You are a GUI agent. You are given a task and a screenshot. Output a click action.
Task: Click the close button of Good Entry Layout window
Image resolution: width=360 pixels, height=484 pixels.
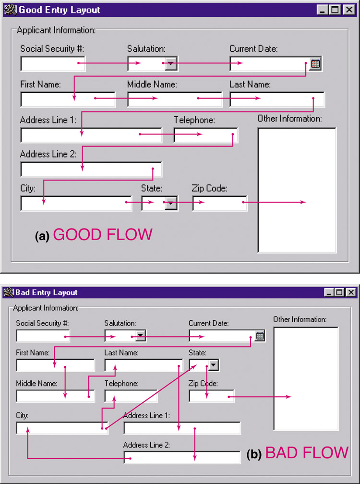349,10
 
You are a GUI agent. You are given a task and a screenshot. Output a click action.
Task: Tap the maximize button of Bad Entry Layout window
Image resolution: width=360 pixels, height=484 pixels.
339,292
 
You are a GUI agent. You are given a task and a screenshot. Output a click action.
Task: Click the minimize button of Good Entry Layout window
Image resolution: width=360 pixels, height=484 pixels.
322,10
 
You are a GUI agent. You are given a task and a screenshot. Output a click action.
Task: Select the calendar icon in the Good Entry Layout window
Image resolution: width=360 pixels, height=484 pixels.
315,64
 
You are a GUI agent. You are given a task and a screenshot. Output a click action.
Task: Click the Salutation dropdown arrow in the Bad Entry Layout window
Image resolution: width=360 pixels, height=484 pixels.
140,336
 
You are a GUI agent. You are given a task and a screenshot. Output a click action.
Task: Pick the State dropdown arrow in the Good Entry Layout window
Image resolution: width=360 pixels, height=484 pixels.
170,203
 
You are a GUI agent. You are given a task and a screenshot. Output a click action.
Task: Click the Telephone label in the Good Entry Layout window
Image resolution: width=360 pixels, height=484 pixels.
194,120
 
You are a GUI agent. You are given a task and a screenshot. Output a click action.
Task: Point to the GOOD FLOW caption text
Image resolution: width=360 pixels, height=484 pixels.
103,235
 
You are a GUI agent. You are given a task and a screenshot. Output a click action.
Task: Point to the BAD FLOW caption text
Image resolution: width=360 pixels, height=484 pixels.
307,452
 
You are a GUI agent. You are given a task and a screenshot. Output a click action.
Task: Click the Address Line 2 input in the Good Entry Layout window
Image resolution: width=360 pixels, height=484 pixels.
91,169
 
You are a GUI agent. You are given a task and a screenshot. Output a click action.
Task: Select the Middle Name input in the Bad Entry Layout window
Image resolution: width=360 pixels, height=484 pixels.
55,396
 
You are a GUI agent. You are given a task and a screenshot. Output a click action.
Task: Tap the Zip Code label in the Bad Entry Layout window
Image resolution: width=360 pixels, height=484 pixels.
203,384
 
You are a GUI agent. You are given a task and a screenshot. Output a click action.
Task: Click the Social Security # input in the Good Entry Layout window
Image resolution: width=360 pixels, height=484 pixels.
53,64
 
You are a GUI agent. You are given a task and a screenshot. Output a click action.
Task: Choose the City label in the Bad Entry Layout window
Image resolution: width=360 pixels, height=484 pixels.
22,415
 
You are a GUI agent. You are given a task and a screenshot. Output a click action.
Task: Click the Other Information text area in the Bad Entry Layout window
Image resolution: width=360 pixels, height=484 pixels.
306,379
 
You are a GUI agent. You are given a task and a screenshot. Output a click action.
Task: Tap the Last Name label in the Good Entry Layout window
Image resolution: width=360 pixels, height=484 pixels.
250,85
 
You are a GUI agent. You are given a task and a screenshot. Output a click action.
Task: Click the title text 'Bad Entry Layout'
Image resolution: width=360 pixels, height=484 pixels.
46,292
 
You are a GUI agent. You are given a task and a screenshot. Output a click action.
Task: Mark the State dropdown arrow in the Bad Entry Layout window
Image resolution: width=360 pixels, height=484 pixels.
214,365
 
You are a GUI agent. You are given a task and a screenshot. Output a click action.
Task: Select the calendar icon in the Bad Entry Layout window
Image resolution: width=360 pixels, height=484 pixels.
260,336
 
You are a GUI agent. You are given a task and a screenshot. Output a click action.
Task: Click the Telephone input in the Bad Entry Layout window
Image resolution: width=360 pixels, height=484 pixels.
131,396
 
